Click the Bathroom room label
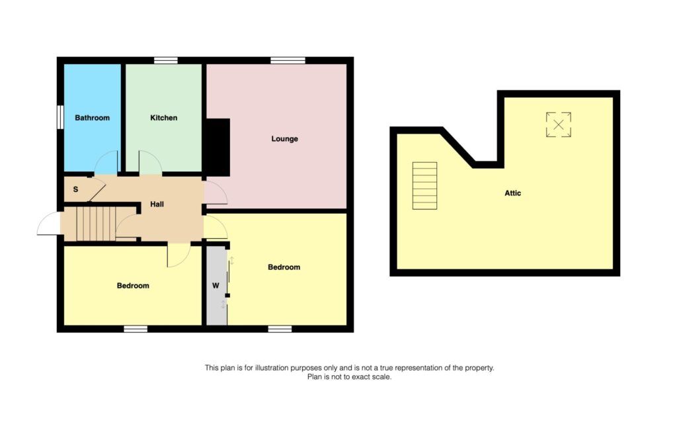click(x=92, y=118)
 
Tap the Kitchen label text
click(x=163, y=118)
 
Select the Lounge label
click(x=284, y=139)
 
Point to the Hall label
click(x=157, y=204)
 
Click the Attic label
click(x=512, y=193)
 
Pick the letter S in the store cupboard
click(x=75, y=189)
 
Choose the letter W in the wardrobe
click(x=216, y=286)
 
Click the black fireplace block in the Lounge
click(x=217, y=147)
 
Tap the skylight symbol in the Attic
click(x=558, y=124)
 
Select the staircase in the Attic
click(x=424, y=185)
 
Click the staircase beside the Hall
click(x=96, y=224)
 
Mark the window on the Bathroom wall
click(x=60, y=118)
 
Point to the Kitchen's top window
click(x=165, y=61)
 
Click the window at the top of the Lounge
click(x=288, y=61)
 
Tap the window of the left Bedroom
click(x=136, y=328)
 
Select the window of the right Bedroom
click(x=280, y=328)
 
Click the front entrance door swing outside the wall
click(x=48, y=225)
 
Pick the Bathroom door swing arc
click(x=106, y=162)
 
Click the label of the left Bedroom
click(x=133, y=286)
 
